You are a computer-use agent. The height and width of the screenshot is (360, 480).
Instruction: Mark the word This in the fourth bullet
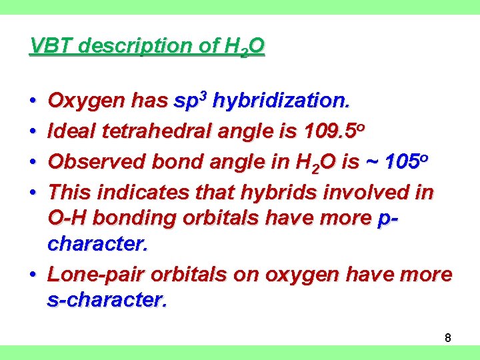[70, 193]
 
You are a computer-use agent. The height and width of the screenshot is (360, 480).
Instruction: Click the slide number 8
[448, 338]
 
